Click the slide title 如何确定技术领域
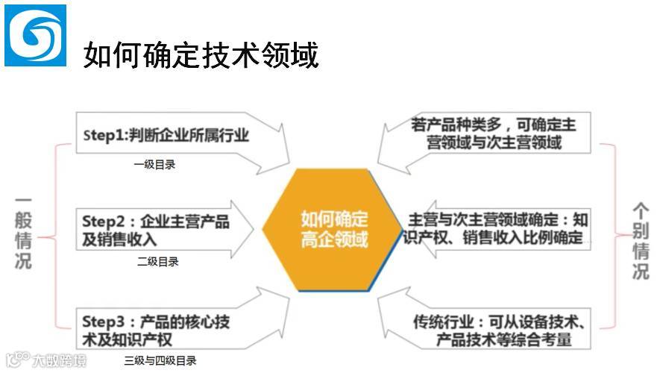click(x=201, y=54)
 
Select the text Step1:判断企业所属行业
click(x=166, y=135)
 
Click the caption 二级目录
click(x=157, y=262)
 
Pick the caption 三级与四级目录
click(x=160, y=361)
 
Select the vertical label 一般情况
click(x=22, y=233)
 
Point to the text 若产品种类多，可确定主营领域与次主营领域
click(x=494, y=132)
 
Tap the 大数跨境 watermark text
click(x=58, y=361)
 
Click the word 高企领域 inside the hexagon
click(x=334, y=240)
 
